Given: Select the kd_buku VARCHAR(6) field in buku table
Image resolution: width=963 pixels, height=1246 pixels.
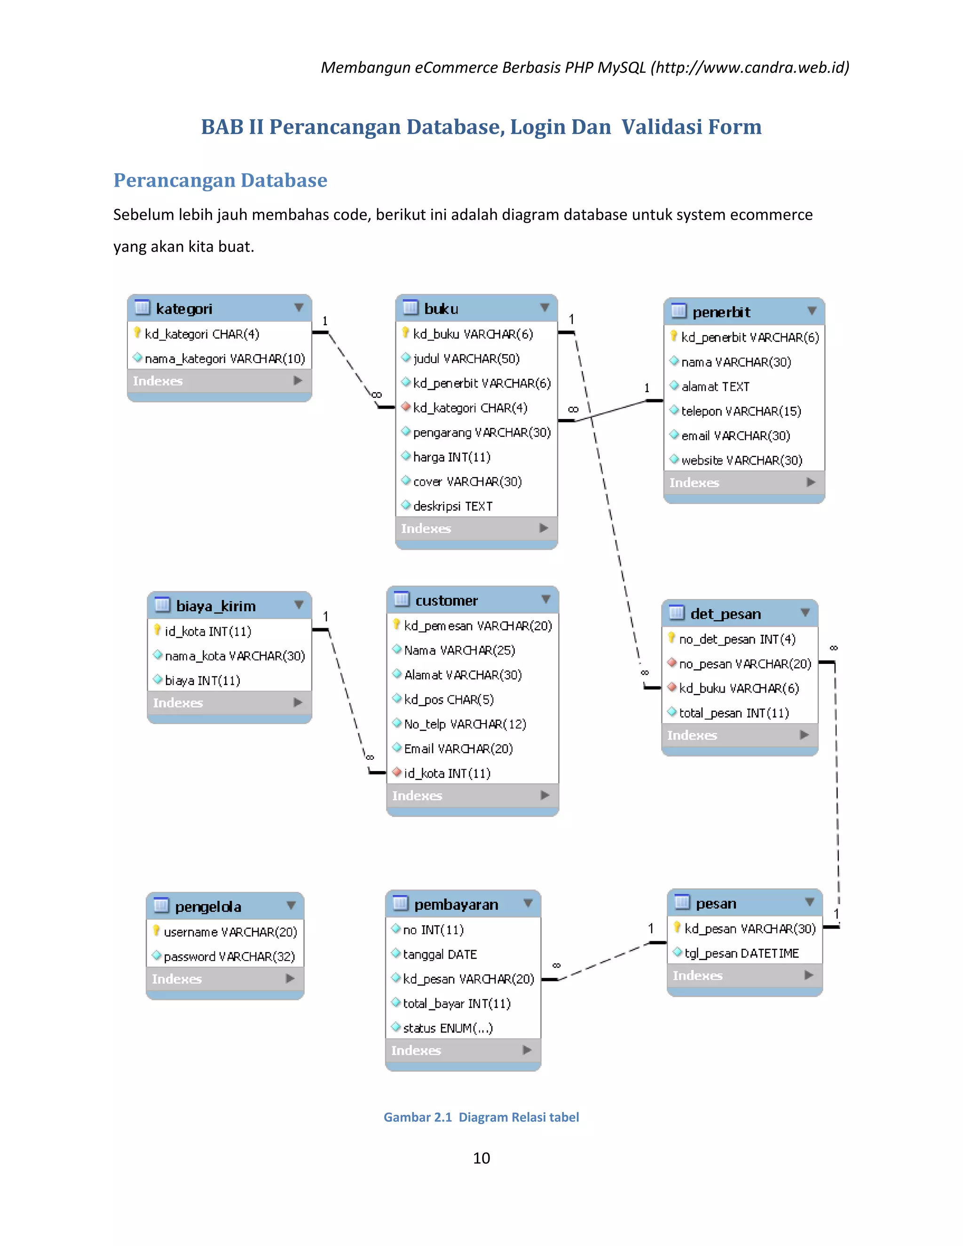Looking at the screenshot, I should tap(473, 334).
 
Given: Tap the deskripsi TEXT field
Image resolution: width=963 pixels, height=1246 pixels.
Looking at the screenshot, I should tap(452, 506).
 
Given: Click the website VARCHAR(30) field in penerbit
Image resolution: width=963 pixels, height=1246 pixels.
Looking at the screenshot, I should tap(741, 460).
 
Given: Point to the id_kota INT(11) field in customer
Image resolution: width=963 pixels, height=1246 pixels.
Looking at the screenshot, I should tap(447, 773).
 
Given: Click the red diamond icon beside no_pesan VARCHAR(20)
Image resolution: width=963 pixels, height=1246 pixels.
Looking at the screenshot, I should tap(672, 663).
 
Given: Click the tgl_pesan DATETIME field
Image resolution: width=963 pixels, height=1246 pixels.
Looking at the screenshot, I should tap(741, 954).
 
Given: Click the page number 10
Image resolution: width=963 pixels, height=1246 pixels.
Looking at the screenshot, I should tap(481, 1158).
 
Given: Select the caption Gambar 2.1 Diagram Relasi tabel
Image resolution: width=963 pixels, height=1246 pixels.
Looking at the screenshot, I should tap(481, 1117).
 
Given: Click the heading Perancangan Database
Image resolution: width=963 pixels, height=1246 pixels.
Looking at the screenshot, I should tap(220, 180).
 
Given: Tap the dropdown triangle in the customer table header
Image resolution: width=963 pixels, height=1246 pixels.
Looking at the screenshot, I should tap(546, 599).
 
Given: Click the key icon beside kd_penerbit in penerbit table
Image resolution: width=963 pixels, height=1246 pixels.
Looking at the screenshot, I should tap(674, 336).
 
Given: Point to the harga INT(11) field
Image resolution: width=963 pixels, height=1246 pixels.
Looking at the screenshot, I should tap(451, 457).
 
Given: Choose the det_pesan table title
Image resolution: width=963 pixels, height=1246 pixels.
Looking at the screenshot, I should tap(725, 614).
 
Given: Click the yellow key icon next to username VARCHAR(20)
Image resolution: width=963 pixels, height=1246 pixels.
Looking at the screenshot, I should tap(156, 931).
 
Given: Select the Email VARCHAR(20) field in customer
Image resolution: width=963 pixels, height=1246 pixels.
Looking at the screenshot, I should tap(458, 749).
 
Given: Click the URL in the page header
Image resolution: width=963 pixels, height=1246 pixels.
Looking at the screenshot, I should tap(751, 67).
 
